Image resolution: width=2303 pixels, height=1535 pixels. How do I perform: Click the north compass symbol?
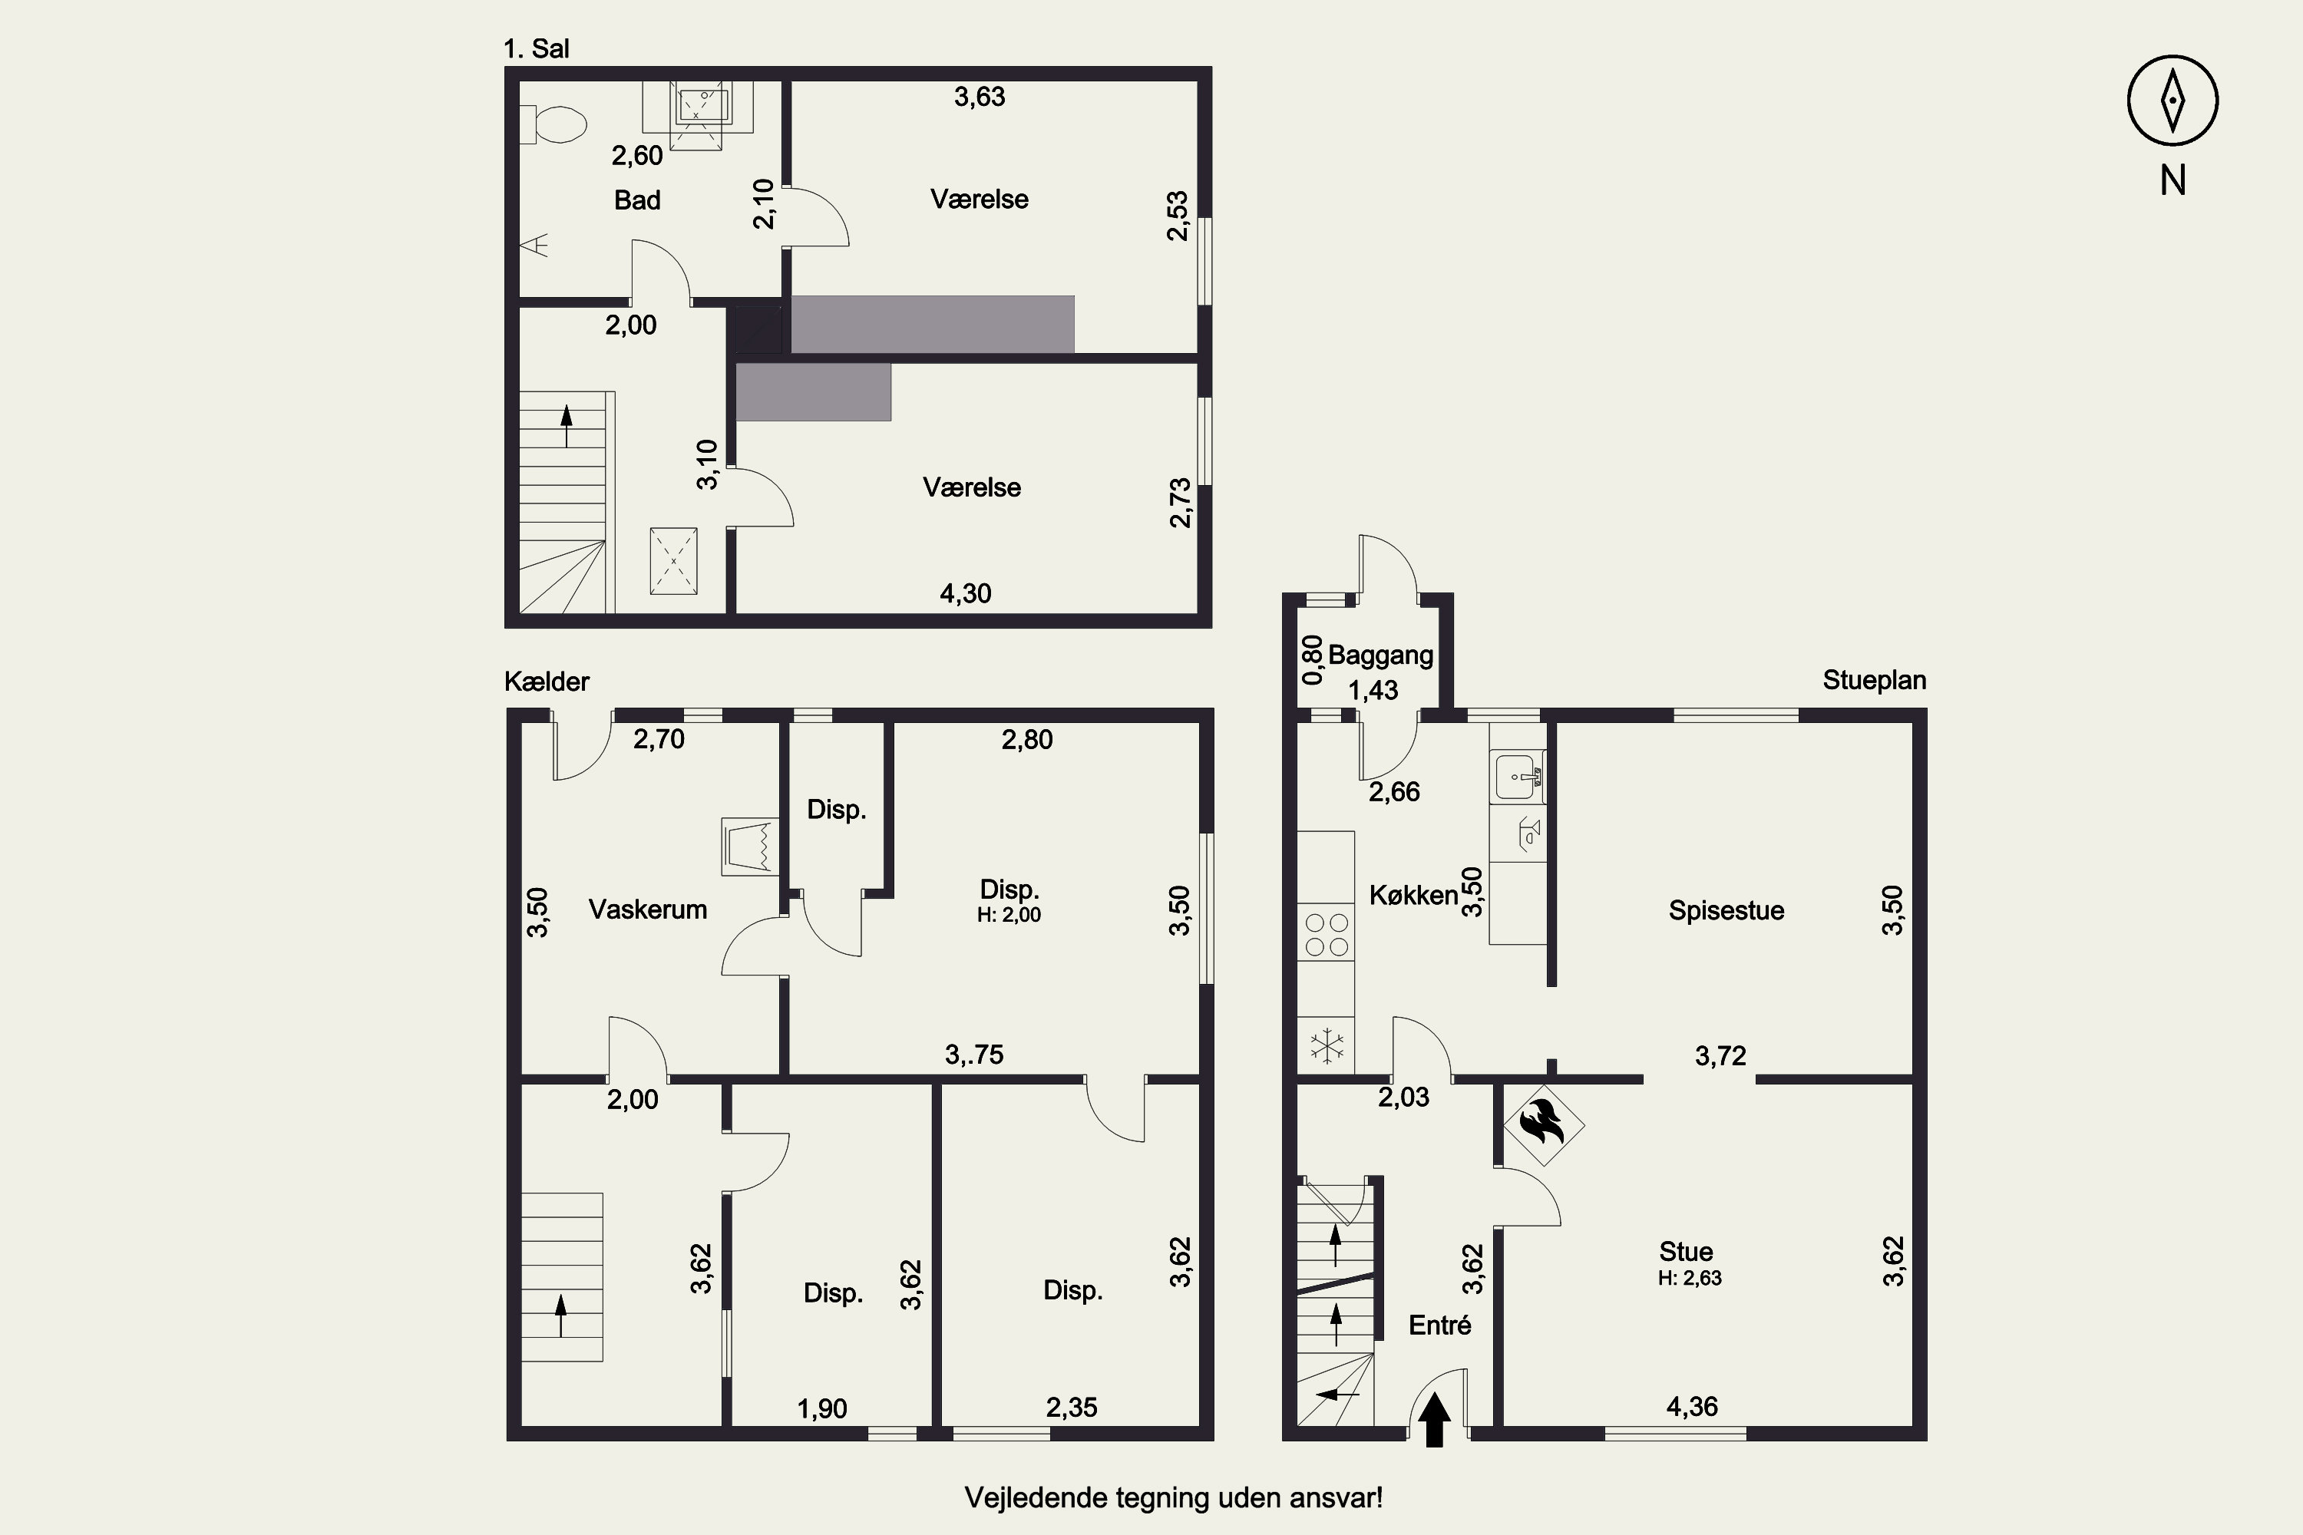click(x=2172, y=101)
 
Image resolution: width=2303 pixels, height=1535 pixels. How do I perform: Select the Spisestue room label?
click(x=1726, y=910)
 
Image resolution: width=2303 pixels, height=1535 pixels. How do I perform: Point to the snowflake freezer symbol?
click(x=1327, y=1045)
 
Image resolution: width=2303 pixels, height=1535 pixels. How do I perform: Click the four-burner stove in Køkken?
click(x=1327, y=933)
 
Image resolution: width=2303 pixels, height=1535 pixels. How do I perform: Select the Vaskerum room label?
click(x=647, y=909)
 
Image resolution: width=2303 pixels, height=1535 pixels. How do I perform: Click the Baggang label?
click(x=1380, y=655)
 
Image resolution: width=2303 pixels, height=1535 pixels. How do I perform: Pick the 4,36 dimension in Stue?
click(x=1692, y=1407)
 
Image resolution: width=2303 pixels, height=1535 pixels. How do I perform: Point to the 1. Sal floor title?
click(x=536, y=49)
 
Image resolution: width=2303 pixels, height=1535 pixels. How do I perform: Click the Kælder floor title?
click(x=547, y=682)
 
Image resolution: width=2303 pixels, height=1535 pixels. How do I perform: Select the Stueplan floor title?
click(x=1874, y=680)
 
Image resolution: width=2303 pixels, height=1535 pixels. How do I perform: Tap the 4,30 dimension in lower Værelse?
click(x=966, y=593)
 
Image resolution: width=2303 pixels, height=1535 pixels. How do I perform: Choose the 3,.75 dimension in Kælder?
click(x=974, y=1055)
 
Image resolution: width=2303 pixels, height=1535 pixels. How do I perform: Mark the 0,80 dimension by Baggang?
click(x=1312, y=660)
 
